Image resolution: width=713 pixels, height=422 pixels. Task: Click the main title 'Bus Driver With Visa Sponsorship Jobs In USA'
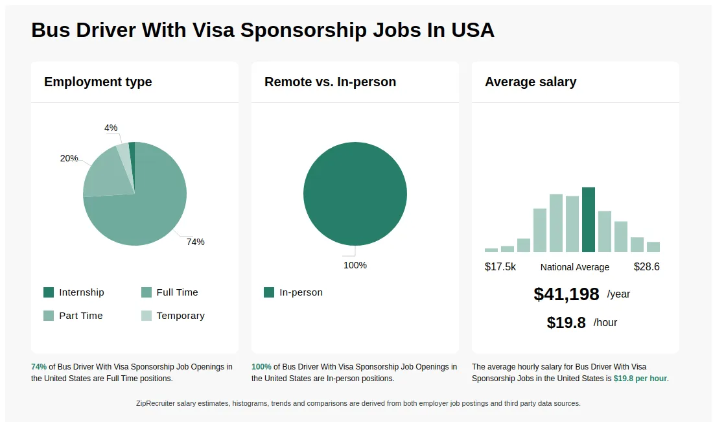coord(263,30)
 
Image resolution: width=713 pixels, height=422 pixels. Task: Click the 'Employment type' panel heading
coord(98,82)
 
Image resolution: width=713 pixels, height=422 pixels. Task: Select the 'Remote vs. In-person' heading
coord(330,82)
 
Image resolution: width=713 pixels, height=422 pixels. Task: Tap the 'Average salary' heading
coord(530,82)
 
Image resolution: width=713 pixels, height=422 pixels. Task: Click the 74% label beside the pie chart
coord(195,242)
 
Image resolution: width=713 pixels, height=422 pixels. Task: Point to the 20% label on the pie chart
coord(69,158)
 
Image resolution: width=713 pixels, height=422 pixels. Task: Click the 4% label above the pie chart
coord(111,128)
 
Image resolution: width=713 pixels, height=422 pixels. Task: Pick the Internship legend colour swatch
coord(49,292)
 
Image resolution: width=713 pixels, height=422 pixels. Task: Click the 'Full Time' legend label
coord(177,292)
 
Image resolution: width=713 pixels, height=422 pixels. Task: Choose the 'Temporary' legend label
coord(180,316)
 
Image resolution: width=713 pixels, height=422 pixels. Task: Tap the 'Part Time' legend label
coord(81,316)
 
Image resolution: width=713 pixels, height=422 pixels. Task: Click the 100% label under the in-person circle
coord(355,265)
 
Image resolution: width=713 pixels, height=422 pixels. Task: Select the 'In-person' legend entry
coord(301,292)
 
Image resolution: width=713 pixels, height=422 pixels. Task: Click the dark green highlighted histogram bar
coord(589,220)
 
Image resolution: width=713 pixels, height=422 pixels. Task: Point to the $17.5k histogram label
coord(500,267)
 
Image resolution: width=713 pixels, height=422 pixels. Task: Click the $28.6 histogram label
coord(646,267)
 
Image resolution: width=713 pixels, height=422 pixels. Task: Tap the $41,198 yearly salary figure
coord(567,294)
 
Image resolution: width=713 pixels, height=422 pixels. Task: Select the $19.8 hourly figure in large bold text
coord(566,323)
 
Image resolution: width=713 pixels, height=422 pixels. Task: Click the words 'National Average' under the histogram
coord(575,267)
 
